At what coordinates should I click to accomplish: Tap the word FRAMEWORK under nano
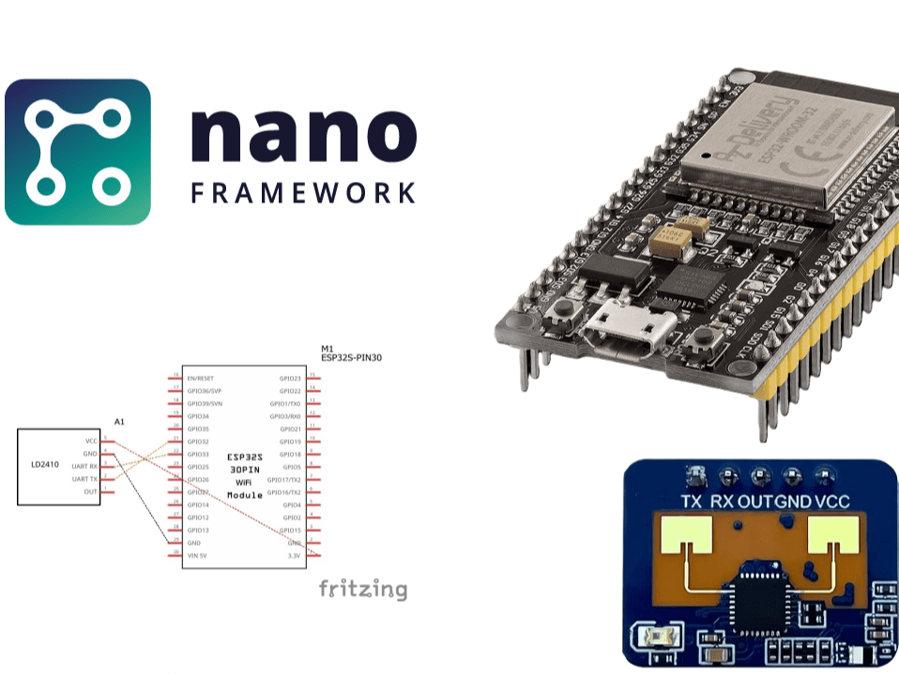coord(303,193)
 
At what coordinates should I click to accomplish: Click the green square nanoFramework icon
coord(78,152)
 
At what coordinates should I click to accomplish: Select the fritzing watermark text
coord(363,590)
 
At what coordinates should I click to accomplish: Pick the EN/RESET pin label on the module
coord(201,378)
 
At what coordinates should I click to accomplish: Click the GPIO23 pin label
coord(290,378)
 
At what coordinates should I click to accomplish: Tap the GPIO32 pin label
coord(198,441)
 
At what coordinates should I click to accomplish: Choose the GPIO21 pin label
coord(290,428)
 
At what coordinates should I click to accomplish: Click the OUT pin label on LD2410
coord(90,491)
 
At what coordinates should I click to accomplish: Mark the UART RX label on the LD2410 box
coord(84,466)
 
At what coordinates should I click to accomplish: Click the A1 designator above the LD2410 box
coord(119,423)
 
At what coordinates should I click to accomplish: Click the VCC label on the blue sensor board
coord(831,502)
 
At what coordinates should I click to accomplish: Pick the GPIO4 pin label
coord(292,504)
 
